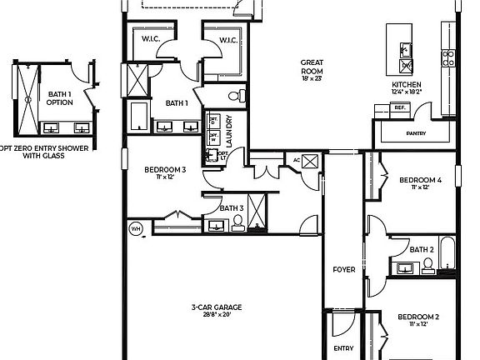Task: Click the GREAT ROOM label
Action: coord(312,67)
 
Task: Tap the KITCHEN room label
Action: coord(407,85)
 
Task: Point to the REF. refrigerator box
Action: coord(400,107)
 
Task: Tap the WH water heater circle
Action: coord(135,227)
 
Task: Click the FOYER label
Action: coord(343,269)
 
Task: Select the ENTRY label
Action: coord(343,348)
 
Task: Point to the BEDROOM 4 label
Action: coord(419,180)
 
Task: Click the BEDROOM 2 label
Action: coord(417,317)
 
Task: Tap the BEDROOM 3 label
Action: coord(165,170)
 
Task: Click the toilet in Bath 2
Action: coord(428,266)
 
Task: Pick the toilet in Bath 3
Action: coord(238,222)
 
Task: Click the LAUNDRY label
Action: coord(227,129)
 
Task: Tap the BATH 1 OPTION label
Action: coord(60,99)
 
